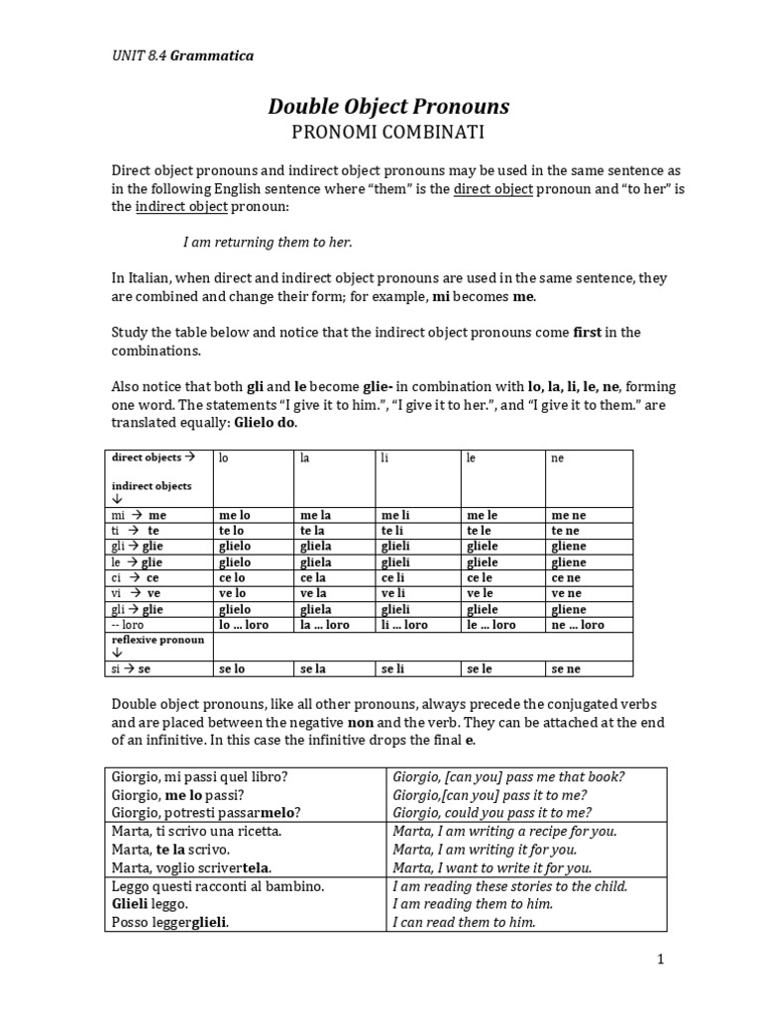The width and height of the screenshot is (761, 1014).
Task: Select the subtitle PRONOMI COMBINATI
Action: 388,131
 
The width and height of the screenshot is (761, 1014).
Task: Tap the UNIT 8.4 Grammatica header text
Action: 181,55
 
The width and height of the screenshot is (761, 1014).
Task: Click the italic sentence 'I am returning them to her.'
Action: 269,242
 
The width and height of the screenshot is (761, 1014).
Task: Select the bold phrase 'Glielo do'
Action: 262,423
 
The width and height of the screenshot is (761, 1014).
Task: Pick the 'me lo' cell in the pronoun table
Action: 234,516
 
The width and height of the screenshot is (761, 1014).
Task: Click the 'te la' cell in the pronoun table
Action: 313,531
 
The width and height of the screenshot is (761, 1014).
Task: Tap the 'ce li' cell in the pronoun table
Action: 395,577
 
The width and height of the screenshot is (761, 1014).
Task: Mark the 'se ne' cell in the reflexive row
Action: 566,669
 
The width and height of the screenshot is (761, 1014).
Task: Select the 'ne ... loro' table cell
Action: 578,625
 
